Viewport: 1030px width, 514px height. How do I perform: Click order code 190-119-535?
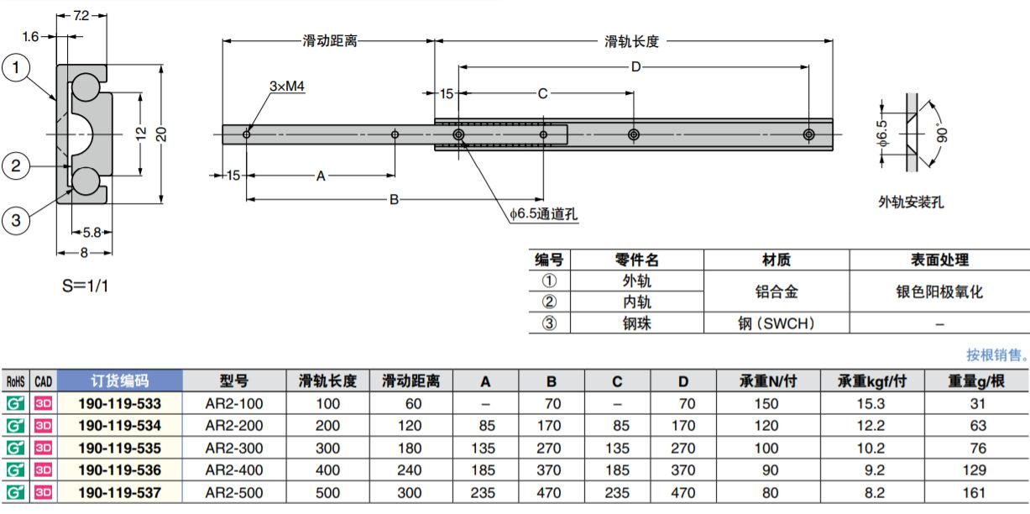pos(119,448)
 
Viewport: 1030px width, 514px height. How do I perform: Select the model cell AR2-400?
pos(234,469)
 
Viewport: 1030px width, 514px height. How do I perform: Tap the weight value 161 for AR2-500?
pos(974,492)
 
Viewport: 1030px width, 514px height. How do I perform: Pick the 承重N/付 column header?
pos(768,381)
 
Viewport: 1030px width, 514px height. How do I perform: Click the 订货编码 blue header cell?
pos(119,380)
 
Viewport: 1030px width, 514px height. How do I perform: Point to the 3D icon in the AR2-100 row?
pos(43,404)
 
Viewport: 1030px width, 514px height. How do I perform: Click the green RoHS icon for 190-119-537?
pos(15,492)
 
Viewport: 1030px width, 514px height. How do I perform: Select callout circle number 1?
pos(16,68)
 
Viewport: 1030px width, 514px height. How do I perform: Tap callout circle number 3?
pos(16,220)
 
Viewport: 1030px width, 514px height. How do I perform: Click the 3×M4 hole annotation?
pos(287,86)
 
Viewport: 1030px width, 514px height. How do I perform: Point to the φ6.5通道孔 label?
pos(543,213)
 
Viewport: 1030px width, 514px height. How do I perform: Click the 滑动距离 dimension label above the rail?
pos(330,41)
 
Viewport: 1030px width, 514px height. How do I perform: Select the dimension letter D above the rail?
pos(636,67)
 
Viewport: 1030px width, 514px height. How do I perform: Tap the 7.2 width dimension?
pos(81,16)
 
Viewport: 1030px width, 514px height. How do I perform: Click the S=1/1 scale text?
pos(85,286)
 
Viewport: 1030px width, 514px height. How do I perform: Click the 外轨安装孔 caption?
pos(911,202)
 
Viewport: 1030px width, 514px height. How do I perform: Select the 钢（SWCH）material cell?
pos(776,323)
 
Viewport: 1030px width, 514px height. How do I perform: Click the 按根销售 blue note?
pos(996,354)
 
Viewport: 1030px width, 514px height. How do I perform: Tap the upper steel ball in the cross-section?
pos(85,88)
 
